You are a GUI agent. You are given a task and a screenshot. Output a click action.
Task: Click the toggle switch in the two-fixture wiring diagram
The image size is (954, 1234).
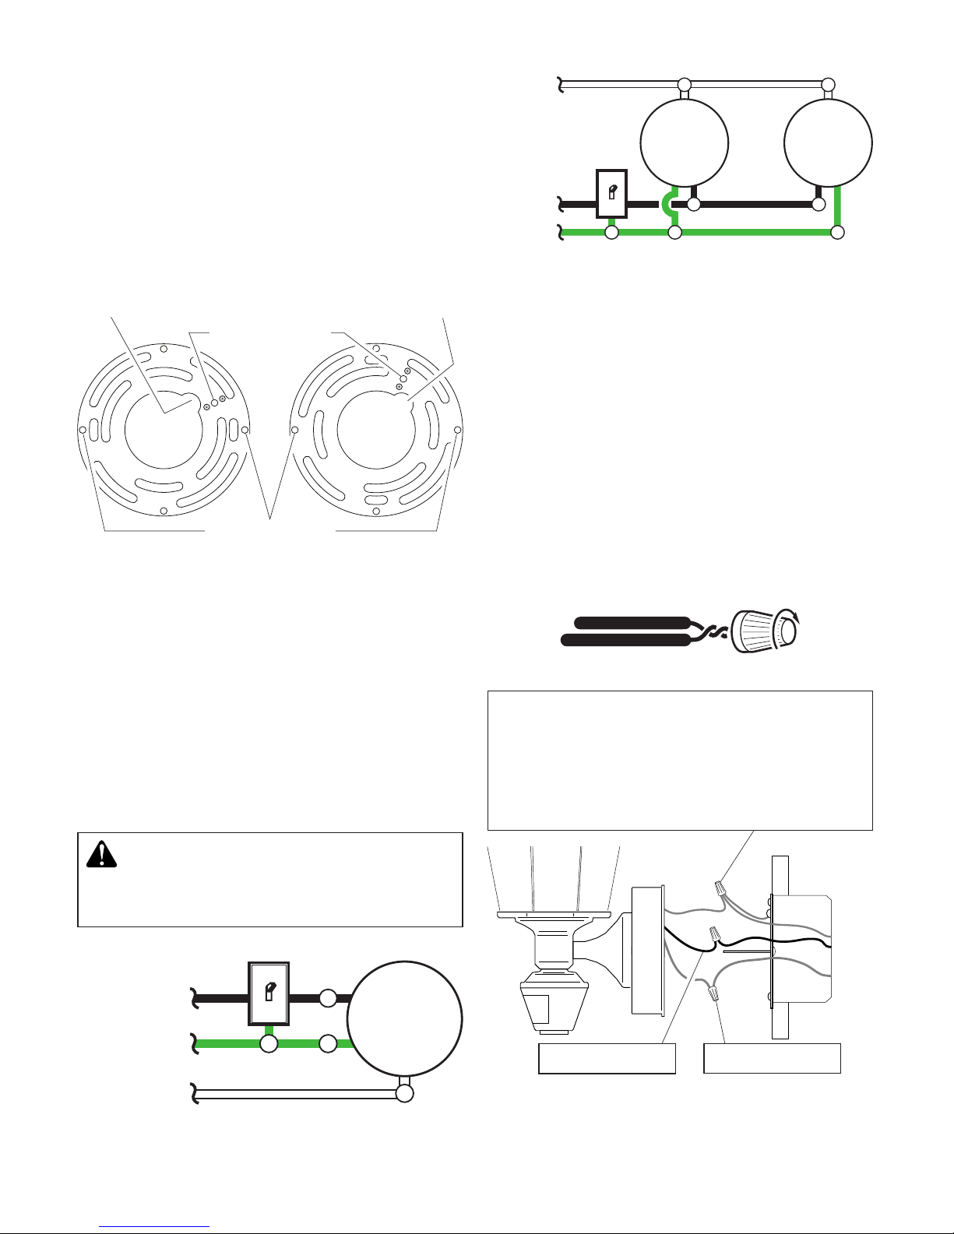coord(611,193)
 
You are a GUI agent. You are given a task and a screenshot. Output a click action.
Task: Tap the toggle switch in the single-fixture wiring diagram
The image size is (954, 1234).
coord(269,993)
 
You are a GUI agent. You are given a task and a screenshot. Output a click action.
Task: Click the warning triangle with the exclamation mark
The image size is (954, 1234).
coord(101,855)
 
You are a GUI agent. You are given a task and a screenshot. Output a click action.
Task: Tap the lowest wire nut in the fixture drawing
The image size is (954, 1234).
coord(712,991)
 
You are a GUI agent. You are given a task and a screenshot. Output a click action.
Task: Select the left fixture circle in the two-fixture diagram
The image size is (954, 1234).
coord(684,143)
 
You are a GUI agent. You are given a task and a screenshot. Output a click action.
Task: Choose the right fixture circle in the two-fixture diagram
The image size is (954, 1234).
coord(828,143)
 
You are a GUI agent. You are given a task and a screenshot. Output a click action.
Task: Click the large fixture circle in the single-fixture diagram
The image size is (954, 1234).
coord(404,1019)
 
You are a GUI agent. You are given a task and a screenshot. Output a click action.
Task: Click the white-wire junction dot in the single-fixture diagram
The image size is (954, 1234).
coord(404,1093)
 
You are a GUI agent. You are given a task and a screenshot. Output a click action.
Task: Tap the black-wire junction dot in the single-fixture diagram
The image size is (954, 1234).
coord(329,997)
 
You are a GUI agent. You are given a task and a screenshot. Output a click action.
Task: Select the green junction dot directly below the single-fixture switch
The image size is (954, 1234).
coord(269,1043)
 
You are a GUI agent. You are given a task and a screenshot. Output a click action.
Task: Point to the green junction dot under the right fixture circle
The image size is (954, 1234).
coord(837,232)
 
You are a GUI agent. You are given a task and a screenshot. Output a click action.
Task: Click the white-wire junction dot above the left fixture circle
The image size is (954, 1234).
coord(684,84)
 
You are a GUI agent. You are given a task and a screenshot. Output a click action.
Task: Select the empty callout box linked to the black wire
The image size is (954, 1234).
coord(607,1059)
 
